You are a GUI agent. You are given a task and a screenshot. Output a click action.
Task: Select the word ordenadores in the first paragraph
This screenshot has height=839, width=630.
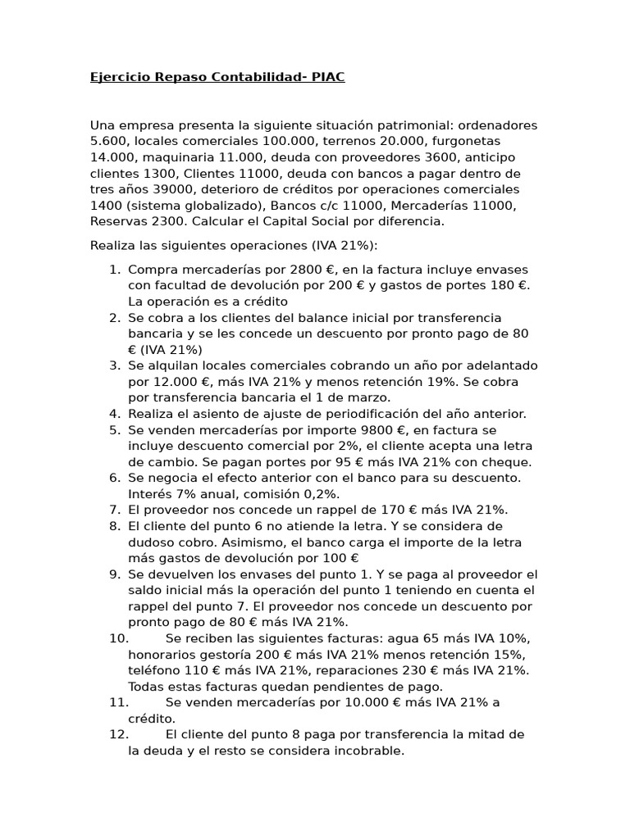(x=497, y=125)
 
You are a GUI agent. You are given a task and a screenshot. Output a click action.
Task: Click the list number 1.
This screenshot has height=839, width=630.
(x=114, y=270)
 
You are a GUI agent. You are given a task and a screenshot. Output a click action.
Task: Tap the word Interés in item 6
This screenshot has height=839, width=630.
(x=150, y=494)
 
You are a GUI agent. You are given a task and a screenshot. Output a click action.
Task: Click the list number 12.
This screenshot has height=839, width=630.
(x=119, y=734)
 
